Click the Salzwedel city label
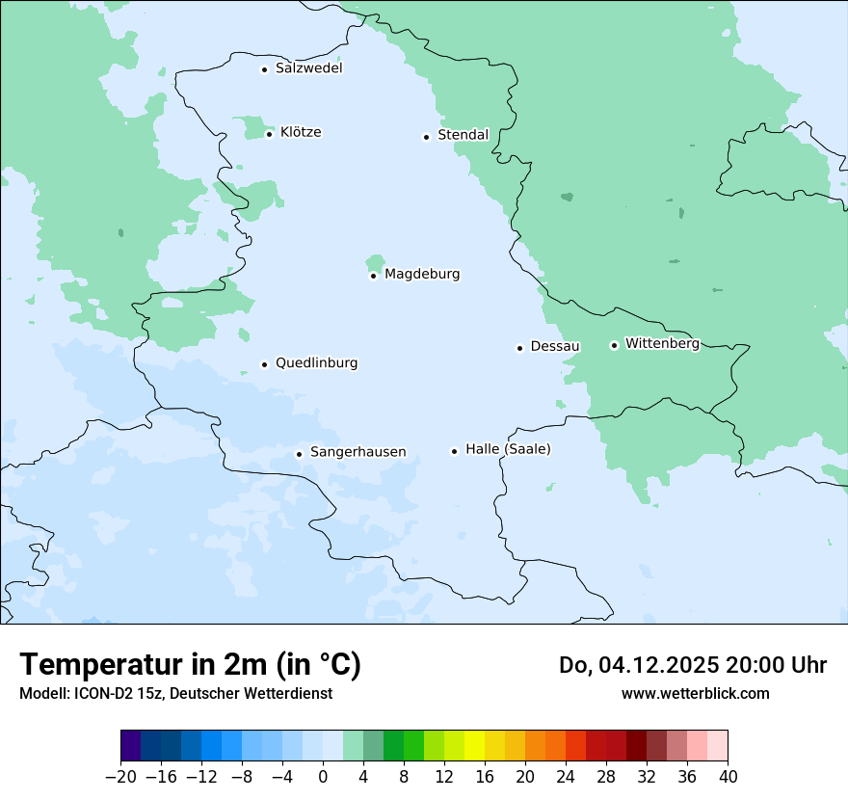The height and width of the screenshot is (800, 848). (x=308, y=68)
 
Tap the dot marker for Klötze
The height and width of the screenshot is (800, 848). (x=270, y=133)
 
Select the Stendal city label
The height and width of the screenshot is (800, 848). (x=463, y=135)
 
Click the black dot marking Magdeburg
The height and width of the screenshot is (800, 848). (x=374, y=276)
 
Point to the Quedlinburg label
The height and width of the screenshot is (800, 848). (x=316, y=363)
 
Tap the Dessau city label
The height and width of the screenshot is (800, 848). (x=555, y=346)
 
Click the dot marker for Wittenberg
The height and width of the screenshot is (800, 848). (x=614, y=345)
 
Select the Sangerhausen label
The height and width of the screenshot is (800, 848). (x=358, y=452)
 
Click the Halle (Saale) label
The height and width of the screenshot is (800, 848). (x=508, y=449)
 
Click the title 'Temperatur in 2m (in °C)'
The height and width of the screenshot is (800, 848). (x=190, y=664)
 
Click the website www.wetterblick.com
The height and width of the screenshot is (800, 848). (x=695, y=693)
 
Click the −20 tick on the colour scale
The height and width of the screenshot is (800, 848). (x=121, y=776)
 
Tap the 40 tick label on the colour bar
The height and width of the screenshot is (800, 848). (x=728, y=776)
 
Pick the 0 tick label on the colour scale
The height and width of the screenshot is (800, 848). (x=323, y=776)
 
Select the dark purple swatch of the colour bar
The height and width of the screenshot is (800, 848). (x=131, y=746)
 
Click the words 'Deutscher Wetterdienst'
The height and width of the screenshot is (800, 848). (x=252, y=693)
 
